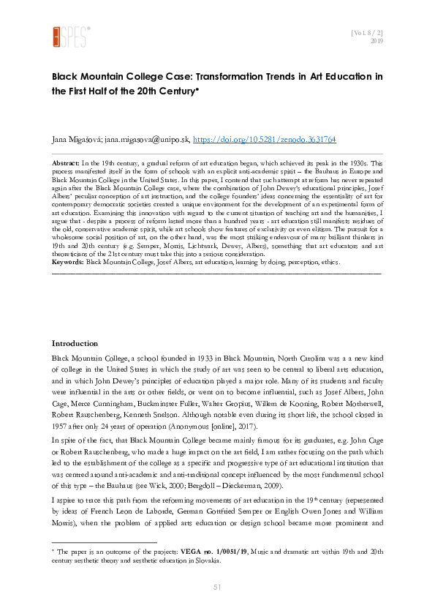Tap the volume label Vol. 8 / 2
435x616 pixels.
click(367, 33)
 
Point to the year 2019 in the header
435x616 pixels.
click(377, 42)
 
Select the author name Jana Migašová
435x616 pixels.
click(76, 138)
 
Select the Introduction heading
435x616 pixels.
click(75, 343)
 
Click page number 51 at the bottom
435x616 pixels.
click(217, 587)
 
